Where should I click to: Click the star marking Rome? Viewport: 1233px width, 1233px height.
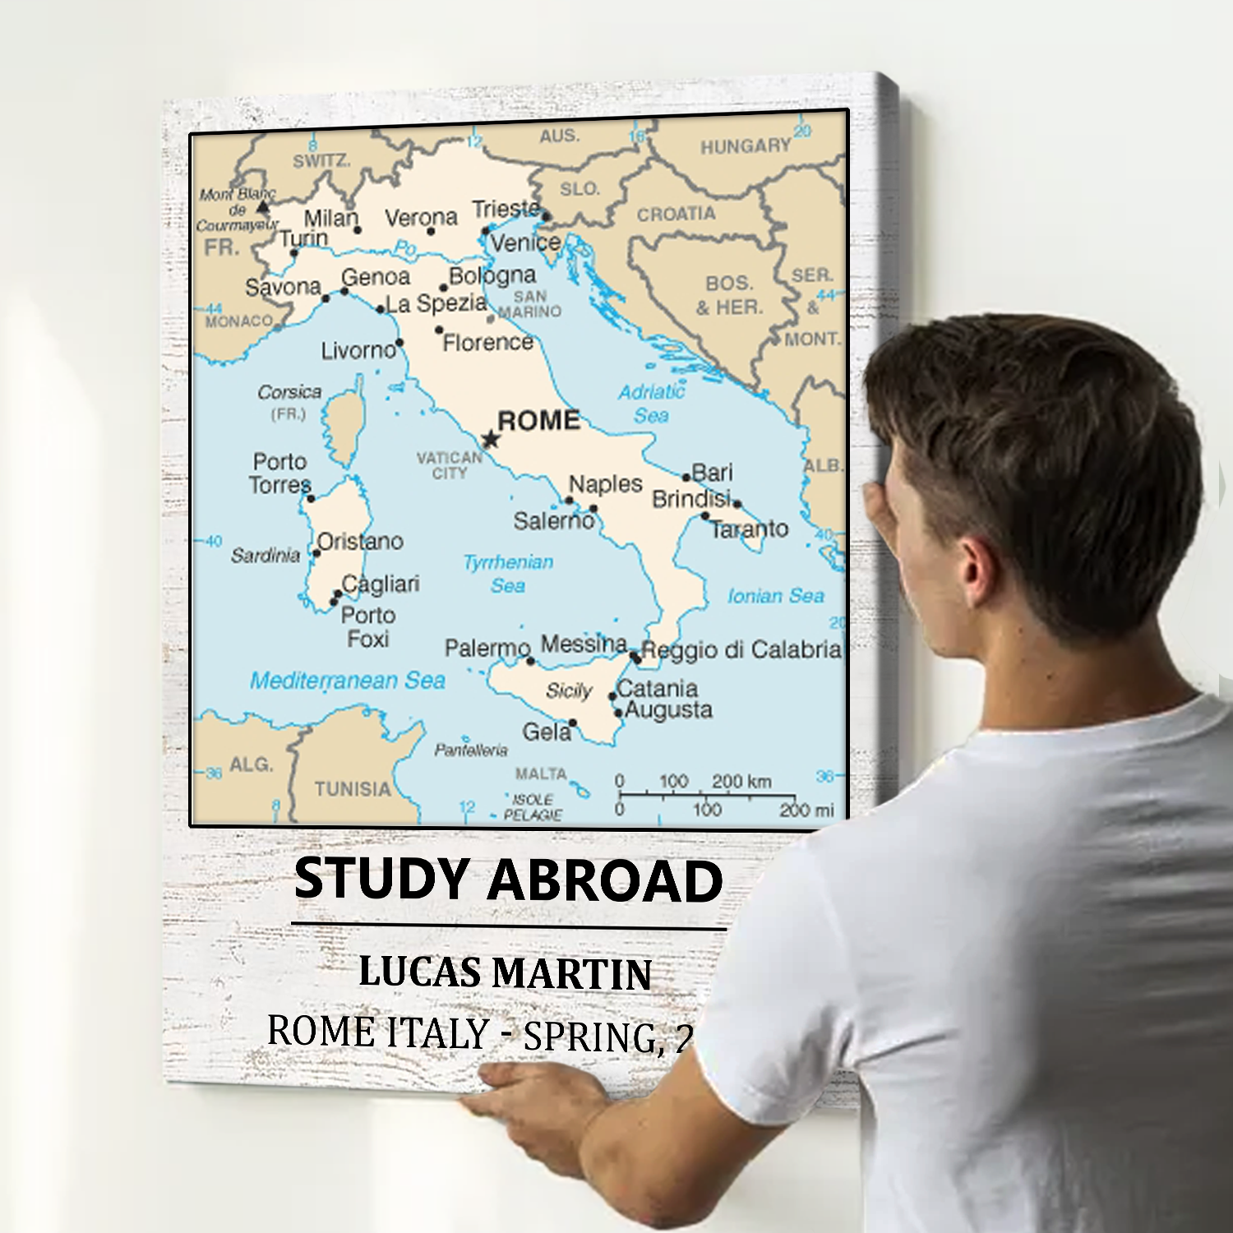coord(491,439)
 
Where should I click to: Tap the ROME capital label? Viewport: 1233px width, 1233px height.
coord(538,420)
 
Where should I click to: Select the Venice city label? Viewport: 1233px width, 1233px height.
coord(526,242)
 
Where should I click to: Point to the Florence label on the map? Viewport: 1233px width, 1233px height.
coord(488,342)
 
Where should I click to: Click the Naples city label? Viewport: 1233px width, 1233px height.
coord(605,484)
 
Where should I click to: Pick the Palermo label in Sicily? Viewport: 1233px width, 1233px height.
coord(487,649)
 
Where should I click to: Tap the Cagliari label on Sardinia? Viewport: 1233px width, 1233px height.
coord(381,584)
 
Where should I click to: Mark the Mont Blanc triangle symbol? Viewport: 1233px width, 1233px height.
coord(263,205)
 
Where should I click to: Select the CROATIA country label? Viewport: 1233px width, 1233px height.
coord(676,215)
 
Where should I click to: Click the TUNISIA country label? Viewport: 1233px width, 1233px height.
coord(353,789)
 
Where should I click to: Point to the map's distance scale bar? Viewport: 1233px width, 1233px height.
coord(707,794)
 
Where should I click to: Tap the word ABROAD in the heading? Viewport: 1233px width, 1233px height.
coord(605,880)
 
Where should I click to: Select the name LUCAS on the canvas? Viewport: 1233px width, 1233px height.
coord(420,972)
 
